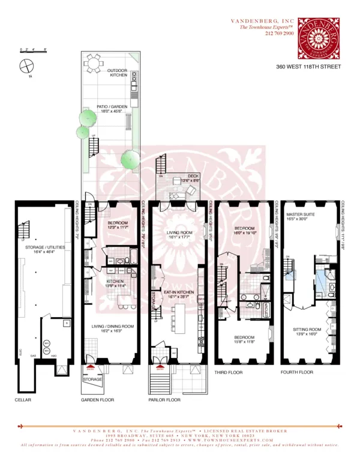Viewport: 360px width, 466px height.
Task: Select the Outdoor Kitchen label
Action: (118, 73)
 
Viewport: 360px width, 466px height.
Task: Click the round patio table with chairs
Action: (94, 62)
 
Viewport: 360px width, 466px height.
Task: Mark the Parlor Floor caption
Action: (164, 399)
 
